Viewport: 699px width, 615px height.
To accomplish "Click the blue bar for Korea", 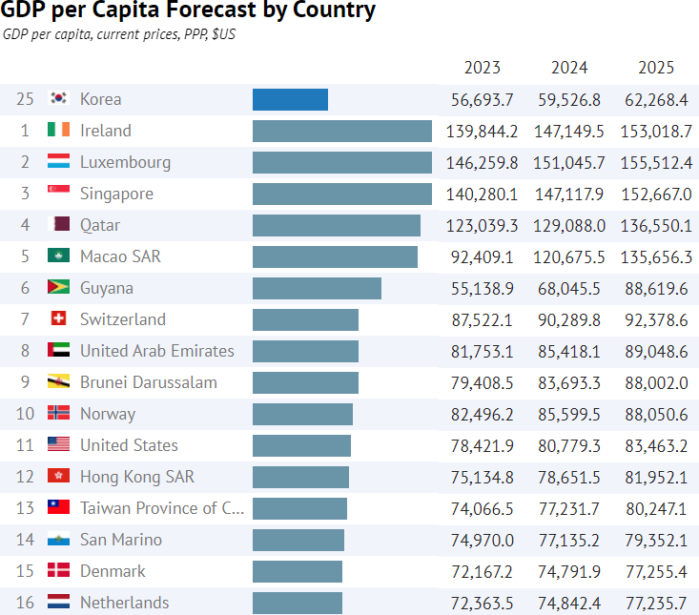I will [290, 99].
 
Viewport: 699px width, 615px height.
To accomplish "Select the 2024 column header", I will [569, 68].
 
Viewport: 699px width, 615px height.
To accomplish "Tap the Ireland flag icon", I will [58, 131].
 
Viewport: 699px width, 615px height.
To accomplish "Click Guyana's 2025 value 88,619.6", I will [655, 288].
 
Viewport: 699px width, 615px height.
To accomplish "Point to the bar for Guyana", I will [317, 288].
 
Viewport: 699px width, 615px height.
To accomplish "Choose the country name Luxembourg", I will [125, 162].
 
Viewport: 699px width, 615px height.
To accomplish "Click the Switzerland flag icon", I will [58, 319].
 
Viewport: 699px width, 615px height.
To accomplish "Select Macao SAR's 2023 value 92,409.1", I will [483, 256].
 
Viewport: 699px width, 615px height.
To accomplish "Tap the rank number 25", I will [25, 99].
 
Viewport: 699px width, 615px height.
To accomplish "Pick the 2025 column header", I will [655, 68].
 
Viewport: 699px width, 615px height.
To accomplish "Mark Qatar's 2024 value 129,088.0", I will [569, 225].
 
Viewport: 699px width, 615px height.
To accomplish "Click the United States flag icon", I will [58, 445].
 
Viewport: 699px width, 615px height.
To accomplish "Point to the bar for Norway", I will [302, 414].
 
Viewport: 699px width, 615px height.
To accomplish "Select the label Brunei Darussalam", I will [148, 382].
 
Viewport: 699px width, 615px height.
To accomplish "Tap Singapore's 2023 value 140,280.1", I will [483, 194].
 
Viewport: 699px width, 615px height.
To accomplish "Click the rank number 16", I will [25, 603].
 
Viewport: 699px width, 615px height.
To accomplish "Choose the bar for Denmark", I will [298, 571].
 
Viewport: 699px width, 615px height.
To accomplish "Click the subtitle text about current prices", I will [119, 35].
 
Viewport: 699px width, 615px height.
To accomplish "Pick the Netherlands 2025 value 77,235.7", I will [655, 603].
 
